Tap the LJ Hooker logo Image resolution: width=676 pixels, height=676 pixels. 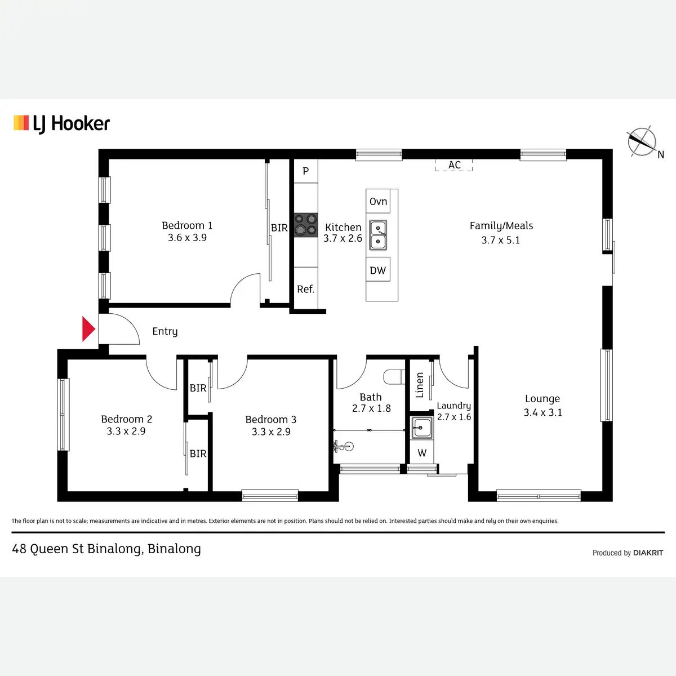[62, 123]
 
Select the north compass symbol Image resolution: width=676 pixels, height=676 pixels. [643, 141]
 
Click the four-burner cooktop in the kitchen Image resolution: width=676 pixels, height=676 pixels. [306, 224]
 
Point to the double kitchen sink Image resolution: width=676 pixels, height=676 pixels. [378, 235]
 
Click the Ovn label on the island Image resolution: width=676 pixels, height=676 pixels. [378, 202]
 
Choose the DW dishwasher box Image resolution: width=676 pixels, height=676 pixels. [378, 270]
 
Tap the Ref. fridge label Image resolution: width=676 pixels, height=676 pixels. [306, 290]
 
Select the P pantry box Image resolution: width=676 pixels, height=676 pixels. [306, 171]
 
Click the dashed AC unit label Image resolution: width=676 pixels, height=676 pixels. [454, 165]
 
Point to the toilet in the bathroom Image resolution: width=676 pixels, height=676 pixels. [394, 376]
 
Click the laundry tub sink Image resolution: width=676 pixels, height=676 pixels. [421, 428]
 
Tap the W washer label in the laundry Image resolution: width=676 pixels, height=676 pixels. [422, 453]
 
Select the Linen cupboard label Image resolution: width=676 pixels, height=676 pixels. [420, 385]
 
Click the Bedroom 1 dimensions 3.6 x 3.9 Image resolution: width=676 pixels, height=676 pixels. [187, 238]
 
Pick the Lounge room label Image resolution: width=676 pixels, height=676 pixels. [542, 399]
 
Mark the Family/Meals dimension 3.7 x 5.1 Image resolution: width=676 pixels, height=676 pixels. [501, 240]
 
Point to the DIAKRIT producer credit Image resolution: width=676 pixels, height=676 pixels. [648, 553]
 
